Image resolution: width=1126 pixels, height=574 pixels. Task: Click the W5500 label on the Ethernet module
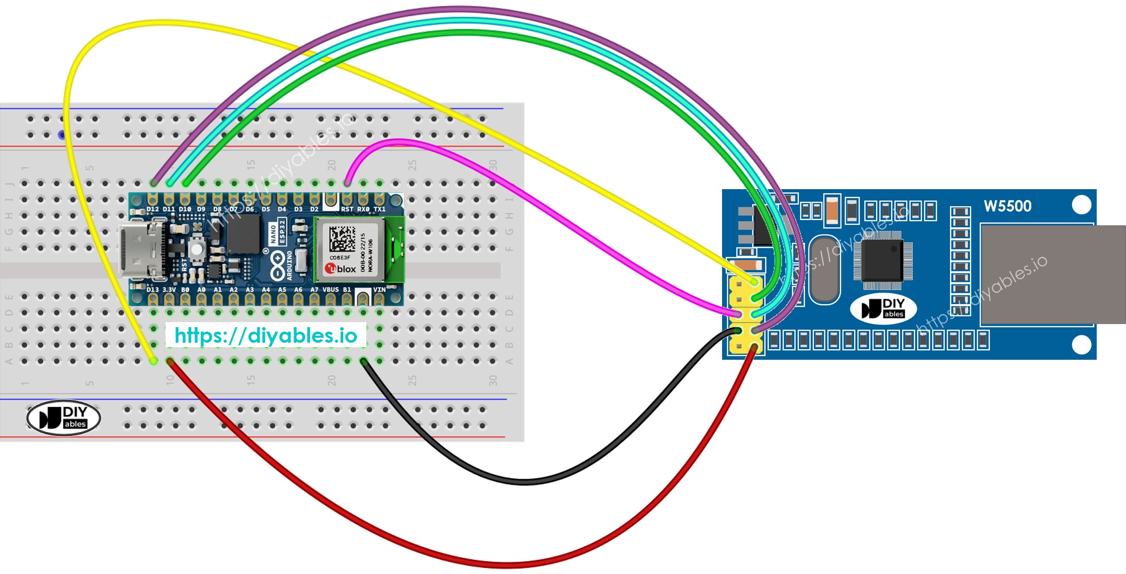coord(1007,206)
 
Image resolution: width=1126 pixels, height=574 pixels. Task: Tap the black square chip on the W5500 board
coord(882,260)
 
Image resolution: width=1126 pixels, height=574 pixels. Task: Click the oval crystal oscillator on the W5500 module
coord(824,269)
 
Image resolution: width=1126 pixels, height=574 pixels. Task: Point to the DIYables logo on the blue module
coord(883,309)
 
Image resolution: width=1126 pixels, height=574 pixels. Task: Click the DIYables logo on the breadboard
coord(64,417)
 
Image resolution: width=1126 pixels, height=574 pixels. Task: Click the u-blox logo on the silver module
coord(341,269)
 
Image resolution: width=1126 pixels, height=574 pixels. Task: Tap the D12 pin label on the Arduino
coord(153,209)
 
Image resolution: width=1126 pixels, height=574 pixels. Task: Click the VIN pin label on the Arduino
coord(379,290)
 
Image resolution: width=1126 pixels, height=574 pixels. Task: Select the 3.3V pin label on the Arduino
coord(169,290)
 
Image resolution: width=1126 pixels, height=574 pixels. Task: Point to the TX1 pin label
coord(379,209)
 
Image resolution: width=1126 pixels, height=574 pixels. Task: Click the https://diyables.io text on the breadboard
coord(266,335)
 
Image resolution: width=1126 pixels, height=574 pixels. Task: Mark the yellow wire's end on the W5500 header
coord(755,282)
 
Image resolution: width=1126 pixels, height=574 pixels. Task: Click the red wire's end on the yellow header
coord(754,347)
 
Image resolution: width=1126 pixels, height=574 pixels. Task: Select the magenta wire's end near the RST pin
coord(347,183)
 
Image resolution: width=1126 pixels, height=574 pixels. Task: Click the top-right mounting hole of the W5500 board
coord(1081,205)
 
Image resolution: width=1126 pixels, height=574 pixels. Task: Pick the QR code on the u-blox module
coord(342,238)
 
